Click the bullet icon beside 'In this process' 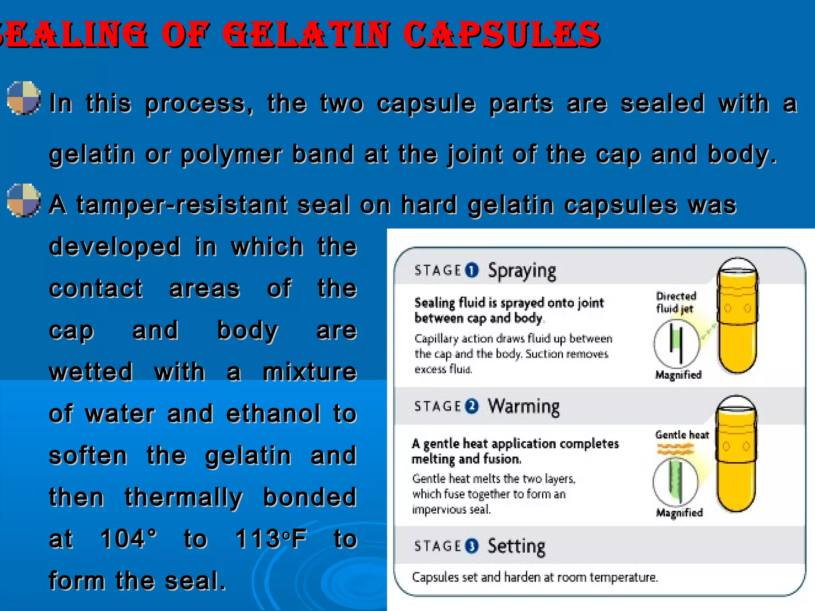point(24,98)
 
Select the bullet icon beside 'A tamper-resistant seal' point(24,200)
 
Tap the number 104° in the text point(128,539)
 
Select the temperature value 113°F point(271,539)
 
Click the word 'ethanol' point(273,414)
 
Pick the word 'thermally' point(183,497)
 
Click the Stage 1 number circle point(472,270)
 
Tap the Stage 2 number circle point(472,407)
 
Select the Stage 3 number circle point(472,546)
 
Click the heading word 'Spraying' point(522,271)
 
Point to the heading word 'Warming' point(524,407)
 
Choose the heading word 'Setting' point(517,546)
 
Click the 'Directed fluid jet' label point(676,302)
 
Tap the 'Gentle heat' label point(682,435)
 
